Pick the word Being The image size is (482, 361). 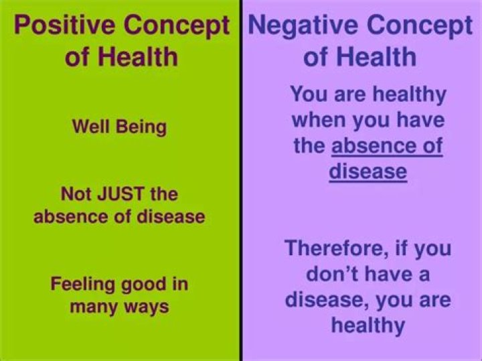(x=141, y=127)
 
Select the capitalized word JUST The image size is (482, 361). (x=120, y=195)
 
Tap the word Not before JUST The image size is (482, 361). (x=75, y=195)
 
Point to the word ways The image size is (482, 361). (x=149, y=307)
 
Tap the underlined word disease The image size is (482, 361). (x=368, y=171)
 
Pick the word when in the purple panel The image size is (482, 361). (x=317, y=121)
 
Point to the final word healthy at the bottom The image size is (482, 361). (x=368, y=326)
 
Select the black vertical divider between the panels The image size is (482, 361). (x=241, y=201)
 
